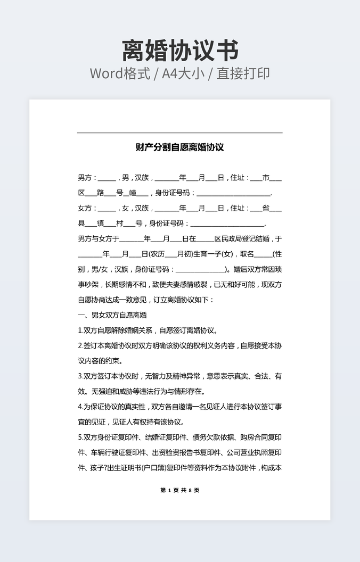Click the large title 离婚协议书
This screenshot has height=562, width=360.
click(180, 51)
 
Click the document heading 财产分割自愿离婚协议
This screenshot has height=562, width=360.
click(180, 147)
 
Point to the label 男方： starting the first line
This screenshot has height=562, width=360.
click(88, 178)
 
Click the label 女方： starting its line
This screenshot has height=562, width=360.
click(88, 208)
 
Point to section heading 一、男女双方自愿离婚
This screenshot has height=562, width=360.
click(112, 315)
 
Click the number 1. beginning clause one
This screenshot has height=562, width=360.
click(80, 330)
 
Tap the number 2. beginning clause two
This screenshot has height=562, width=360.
click(80, 346)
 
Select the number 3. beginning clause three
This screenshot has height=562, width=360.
click(80, 376)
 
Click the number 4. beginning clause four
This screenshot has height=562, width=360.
click(80, 407)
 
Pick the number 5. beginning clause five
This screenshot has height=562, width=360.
click(80, 437)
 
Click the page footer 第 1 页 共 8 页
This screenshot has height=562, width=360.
click(180, 490)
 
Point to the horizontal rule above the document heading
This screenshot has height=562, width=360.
click(180, 133)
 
